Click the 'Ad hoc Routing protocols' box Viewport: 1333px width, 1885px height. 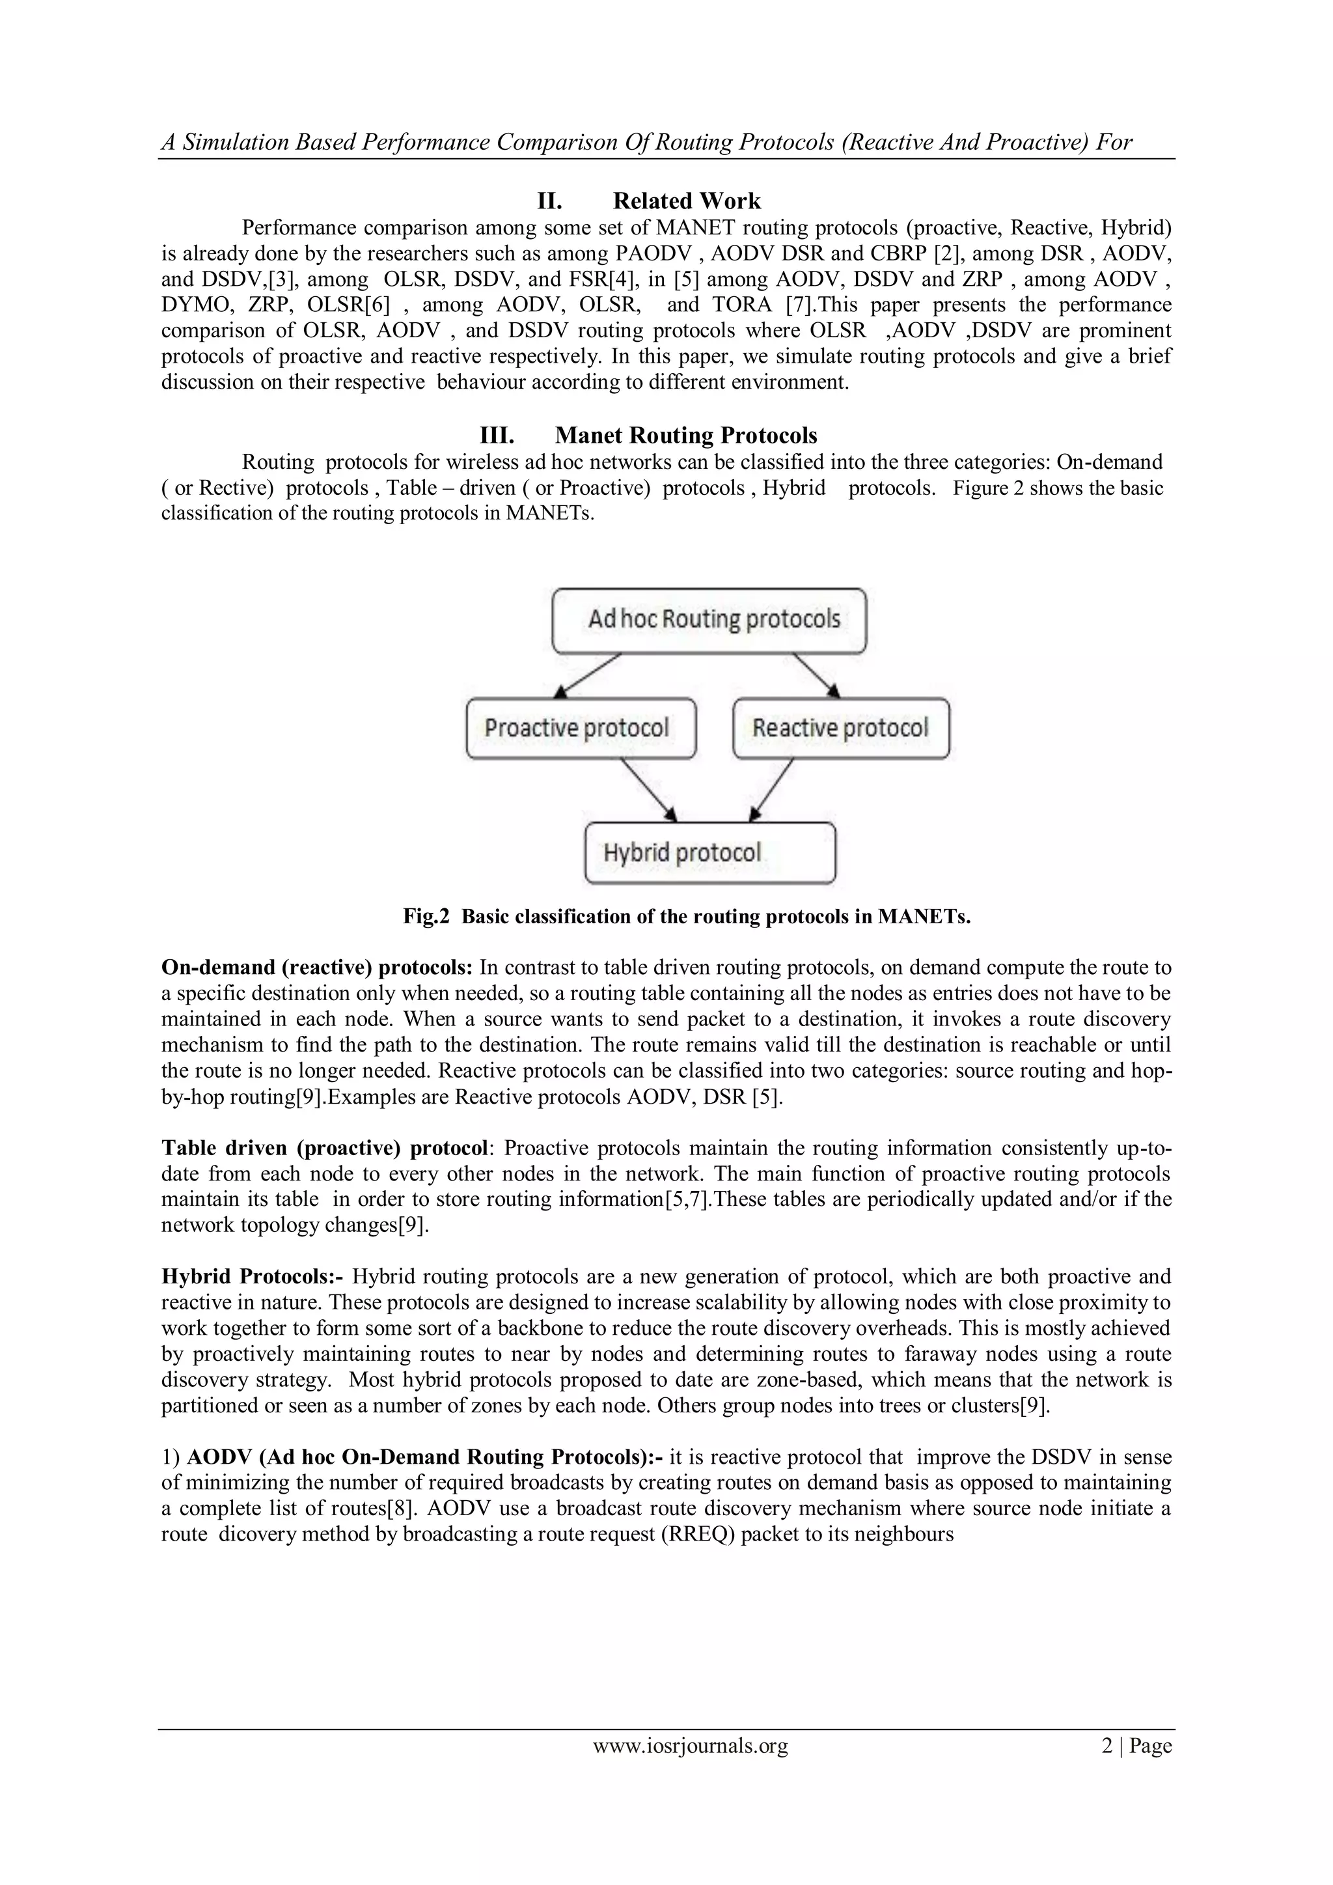pos(709,620)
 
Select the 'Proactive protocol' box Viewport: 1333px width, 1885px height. pos(581,728)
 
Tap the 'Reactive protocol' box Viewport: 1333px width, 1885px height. pos(840,728)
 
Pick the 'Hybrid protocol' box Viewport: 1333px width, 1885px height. pos(709,853)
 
